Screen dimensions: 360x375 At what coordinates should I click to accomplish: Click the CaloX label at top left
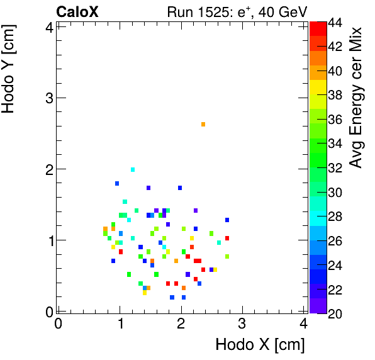point(78,11)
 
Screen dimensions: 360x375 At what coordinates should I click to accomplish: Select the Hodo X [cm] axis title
point(260,345)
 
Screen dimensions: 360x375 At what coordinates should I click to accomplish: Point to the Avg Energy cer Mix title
point(357,98)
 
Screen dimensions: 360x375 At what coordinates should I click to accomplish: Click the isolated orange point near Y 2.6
point(203,124)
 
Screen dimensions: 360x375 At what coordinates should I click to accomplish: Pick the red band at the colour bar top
point(318,27)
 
